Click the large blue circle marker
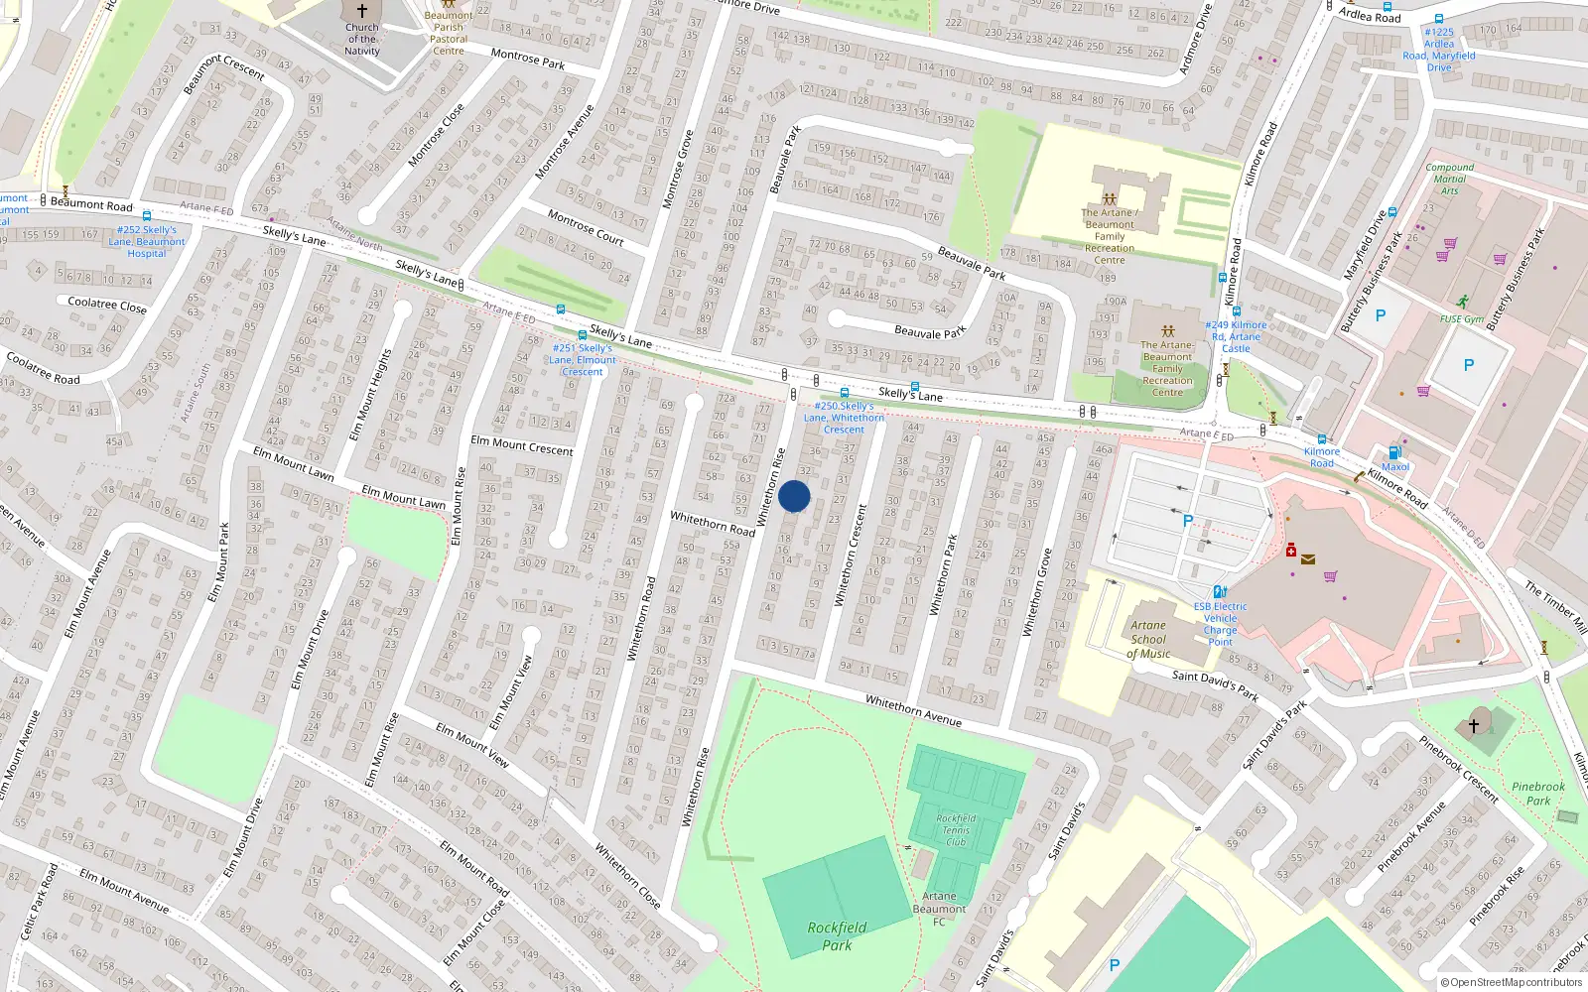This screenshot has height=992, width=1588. tap(794, 496)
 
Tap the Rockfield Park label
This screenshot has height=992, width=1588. tap(837, 936)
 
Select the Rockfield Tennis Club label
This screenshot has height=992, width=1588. tap(956, 830)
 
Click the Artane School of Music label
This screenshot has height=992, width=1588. tap(1148, 640)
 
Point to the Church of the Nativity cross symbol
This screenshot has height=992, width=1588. tap(362, 11)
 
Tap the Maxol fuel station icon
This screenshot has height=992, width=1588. tap(1394, 452)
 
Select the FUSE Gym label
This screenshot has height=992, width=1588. tap(1462, 319)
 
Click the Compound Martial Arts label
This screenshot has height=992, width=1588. tap(1449, 179)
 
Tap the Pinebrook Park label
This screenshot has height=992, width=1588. tap(1537, 794)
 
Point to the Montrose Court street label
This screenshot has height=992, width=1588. tap(586, 228)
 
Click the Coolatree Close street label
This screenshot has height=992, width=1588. tap(107, 305)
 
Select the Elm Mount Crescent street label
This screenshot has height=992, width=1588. tap(522, 445)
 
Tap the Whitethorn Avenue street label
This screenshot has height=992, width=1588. tap(913, 710)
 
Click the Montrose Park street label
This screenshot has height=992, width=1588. tap(528, 60)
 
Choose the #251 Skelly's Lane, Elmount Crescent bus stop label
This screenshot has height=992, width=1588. tap(583, 360)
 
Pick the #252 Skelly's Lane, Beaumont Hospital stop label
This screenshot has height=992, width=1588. tap(147, 242)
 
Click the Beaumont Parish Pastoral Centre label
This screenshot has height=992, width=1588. tap(449, 33)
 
